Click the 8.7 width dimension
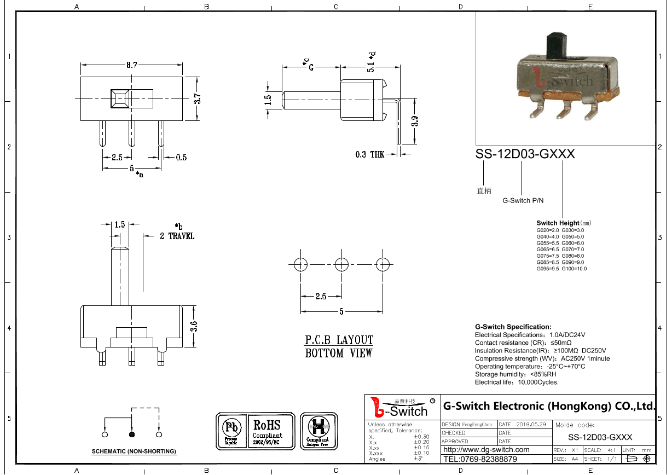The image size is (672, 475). coord(131,65)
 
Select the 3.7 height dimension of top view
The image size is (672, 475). coord(198,99)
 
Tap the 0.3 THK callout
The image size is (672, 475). coord(370,155)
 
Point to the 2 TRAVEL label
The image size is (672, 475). coord(177,236)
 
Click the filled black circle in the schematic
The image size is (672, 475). coord(131,435)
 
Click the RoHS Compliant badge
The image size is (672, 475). coord(268,431)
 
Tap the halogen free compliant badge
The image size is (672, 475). coord(317,431)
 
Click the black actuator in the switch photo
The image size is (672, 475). coord(556,47)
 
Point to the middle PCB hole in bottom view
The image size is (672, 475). coord(341,265)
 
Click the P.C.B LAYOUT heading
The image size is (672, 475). coord(339,340)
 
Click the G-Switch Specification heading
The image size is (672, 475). coord(513,327)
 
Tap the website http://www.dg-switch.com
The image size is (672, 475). coord(486,450)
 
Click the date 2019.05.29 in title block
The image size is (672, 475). coord(531,425)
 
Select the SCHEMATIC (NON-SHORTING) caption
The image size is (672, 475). coord(134,451)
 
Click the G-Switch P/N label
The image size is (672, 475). coord(523,201)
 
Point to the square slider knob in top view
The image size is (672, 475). coord(120,99)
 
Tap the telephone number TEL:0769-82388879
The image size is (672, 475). coord(479,459)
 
